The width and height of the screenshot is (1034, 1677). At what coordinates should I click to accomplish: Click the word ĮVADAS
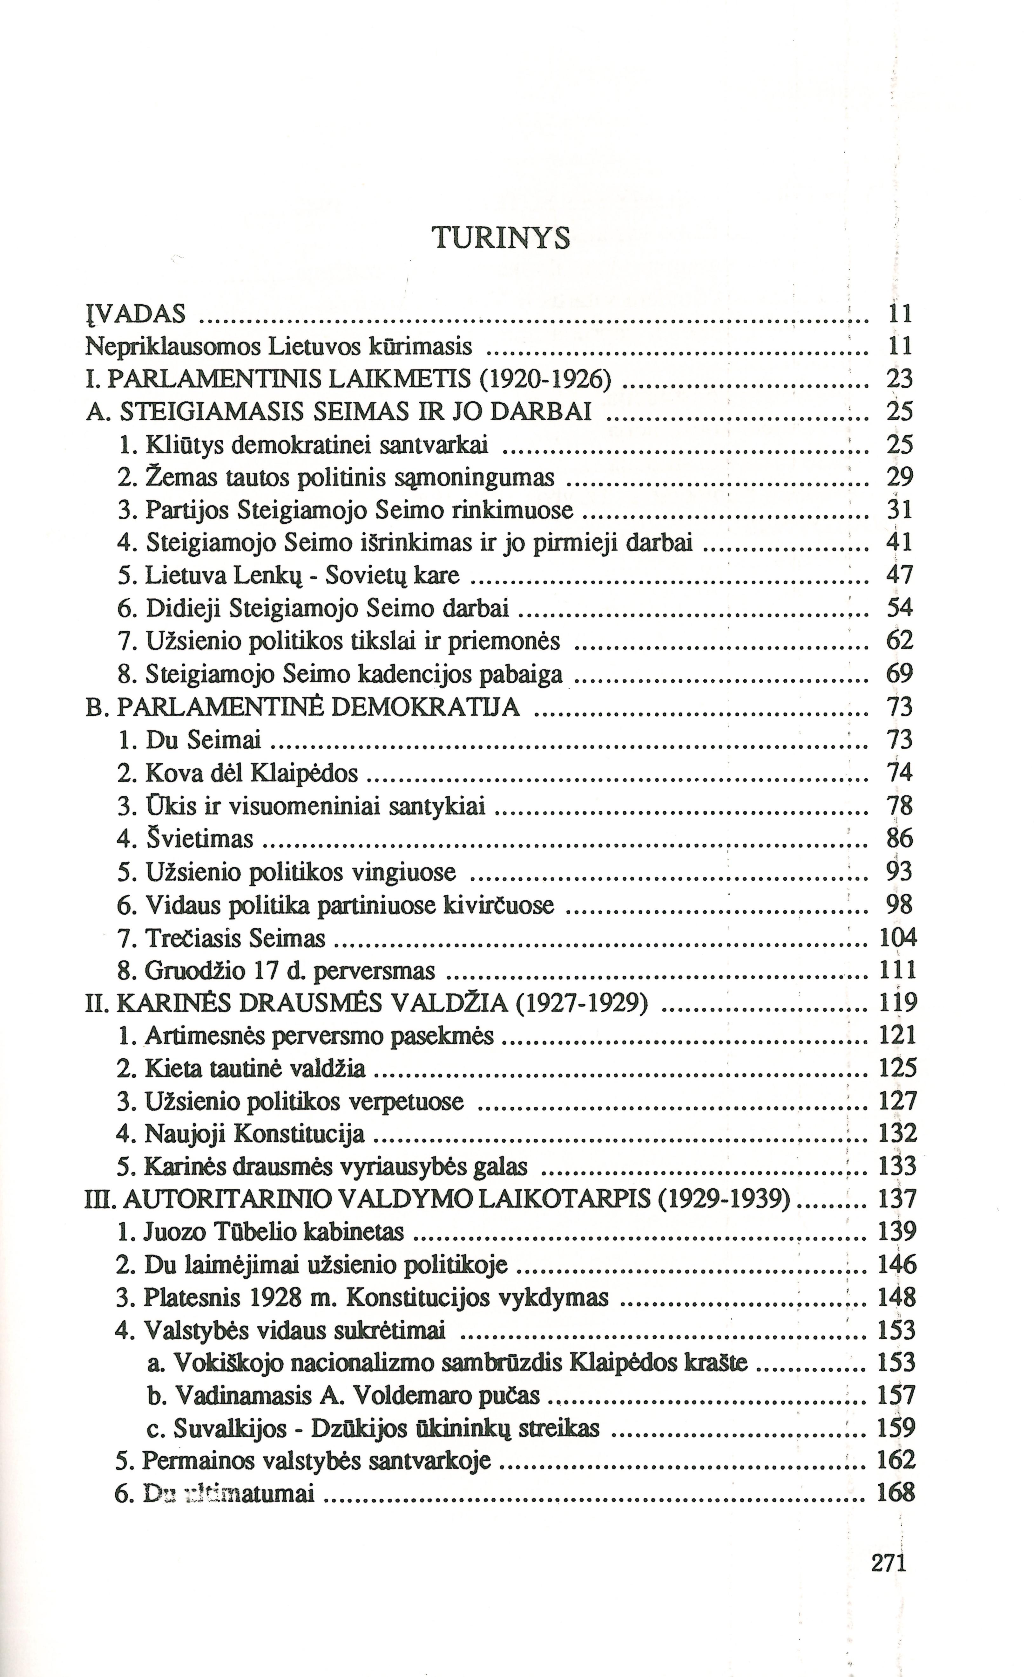click(x=135, y=314)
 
